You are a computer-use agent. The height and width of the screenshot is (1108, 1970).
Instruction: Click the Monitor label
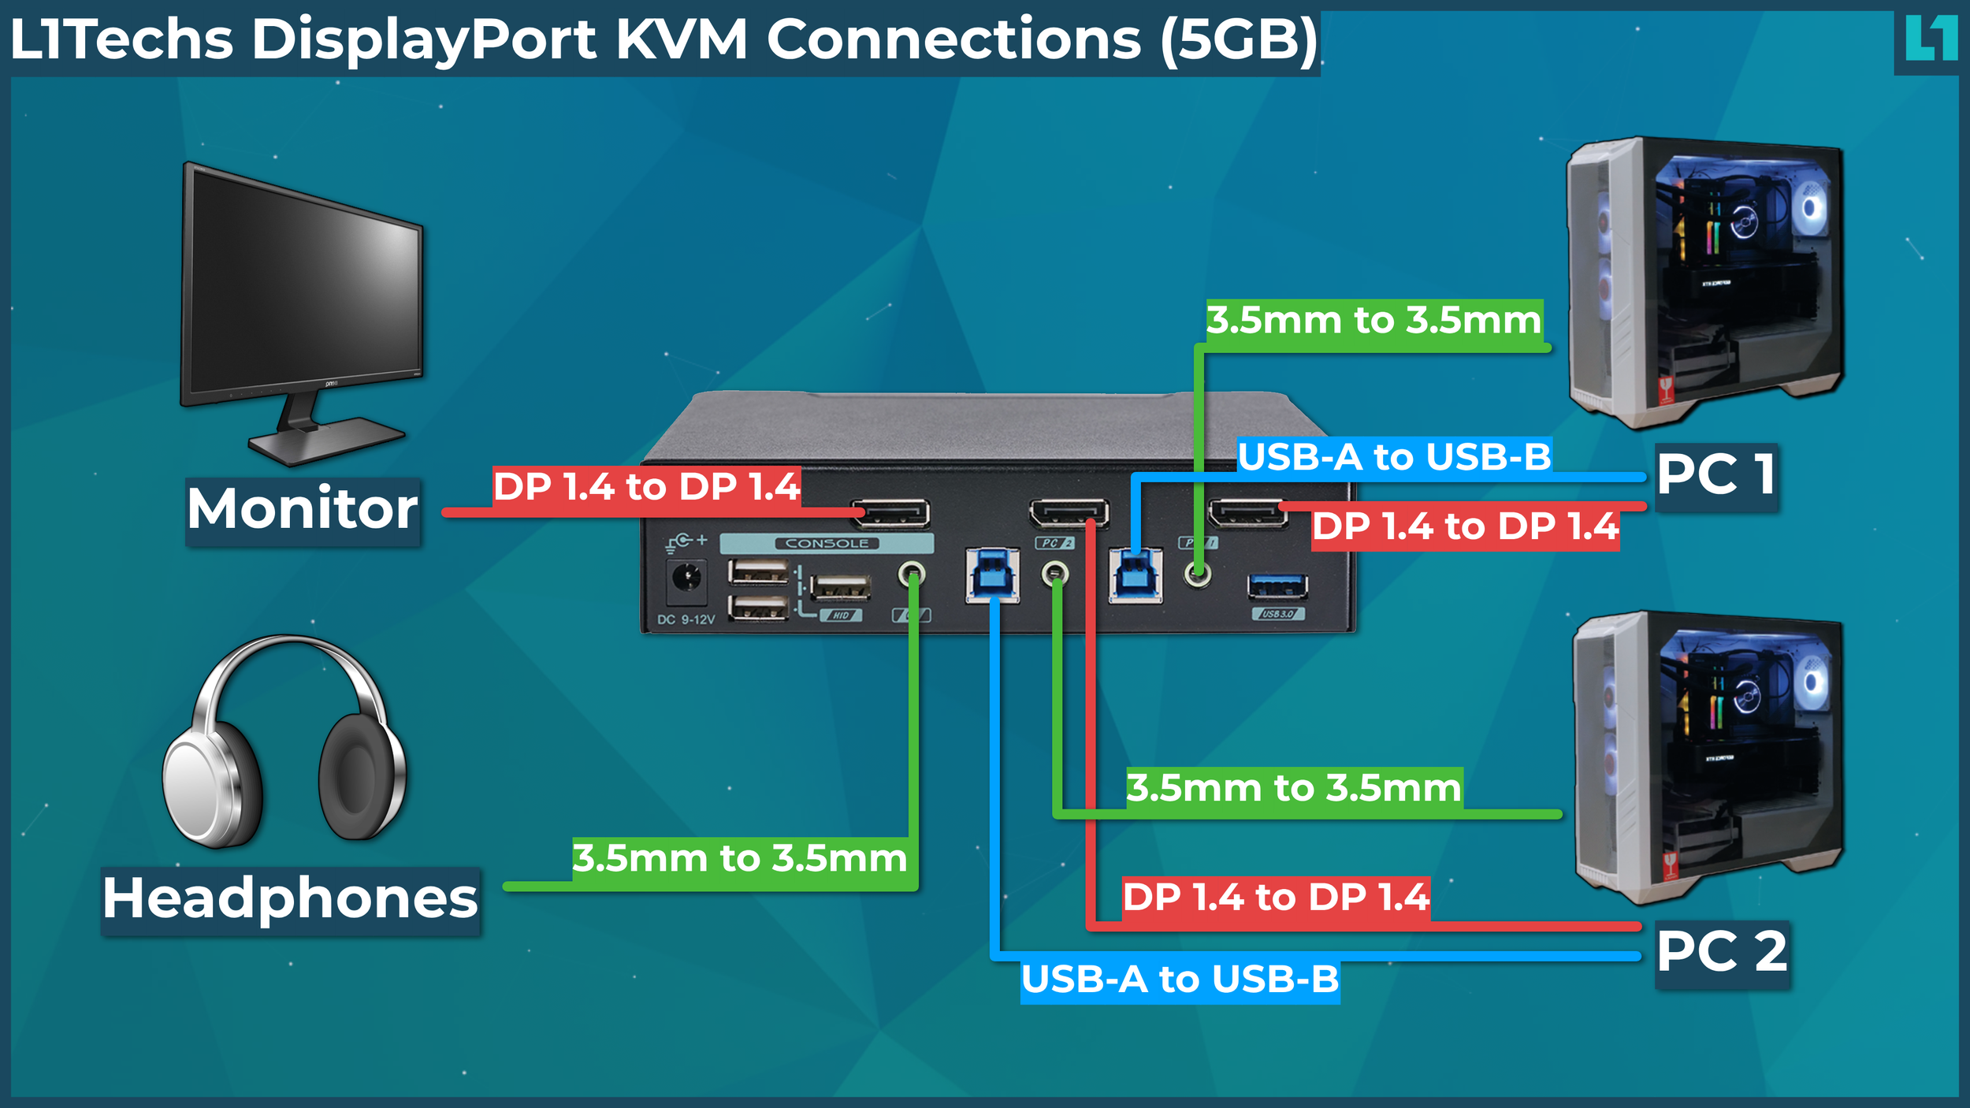pos(303,510)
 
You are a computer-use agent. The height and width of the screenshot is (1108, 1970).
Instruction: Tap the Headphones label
pos(290,900)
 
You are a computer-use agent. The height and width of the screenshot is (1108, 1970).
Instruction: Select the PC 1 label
pos(1716,476)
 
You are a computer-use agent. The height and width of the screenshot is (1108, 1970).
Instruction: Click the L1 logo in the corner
pos(1930,39)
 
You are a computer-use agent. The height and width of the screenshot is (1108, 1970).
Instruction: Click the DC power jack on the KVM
pos(686,579)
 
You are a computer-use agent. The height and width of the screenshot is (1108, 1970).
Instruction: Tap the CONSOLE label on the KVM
pos(827,544)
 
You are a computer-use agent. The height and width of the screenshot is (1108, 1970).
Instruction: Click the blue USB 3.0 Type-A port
pos(1277,586)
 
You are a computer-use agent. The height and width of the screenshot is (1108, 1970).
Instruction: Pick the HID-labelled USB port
pos(840,587)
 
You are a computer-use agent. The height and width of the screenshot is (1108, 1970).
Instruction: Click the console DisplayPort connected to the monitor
pos(891,514)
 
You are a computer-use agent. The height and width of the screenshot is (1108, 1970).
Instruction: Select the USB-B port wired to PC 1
pos(1135,575)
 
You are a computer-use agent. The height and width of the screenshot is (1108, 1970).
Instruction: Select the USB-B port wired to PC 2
pos(992,575)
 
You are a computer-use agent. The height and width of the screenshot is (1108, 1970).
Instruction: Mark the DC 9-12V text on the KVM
pos(686,620)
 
